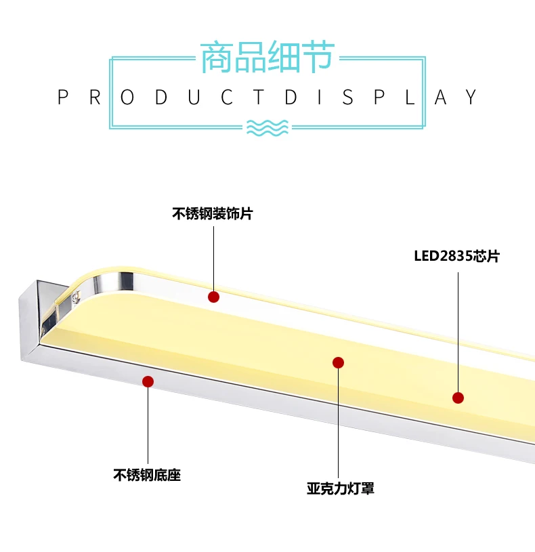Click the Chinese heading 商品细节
click(x=267, y=57)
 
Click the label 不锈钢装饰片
click(x=212, y=214)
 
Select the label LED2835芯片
click(x=456, y=257)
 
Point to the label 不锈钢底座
click(x=147, y=475)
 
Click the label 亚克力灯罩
click(x=340, y=488)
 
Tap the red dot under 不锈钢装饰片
click(x=213, y=297)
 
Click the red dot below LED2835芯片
click(x=458, y=398)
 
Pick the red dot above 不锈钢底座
click(x=148, y=381)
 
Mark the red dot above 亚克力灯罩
click(x=339, y=362)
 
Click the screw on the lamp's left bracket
click(x=76, y=295)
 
